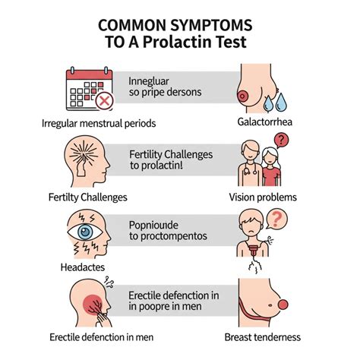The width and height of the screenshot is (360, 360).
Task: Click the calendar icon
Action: pos(88,89)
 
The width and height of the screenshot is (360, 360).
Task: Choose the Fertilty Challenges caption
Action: pos(84,197)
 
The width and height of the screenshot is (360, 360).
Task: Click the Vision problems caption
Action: pos(263,197)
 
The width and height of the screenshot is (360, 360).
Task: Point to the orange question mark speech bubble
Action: pos(279,218)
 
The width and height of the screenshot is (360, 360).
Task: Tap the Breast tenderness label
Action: pos(263,337)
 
